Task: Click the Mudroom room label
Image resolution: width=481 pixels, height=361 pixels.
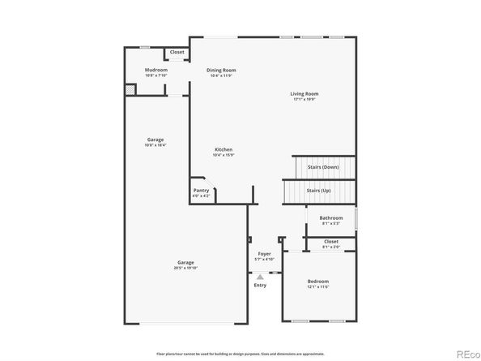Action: coord(156,70)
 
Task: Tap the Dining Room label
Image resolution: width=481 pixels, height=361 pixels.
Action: coord(220,70)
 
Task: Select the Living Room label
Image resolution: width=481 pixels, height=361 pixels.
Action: coord(304,93)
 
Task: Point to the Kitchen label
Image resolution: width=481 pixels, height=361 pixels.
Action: coord(223,149)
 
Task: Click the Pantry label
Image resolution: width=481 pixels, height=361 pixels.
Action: coord(201,190)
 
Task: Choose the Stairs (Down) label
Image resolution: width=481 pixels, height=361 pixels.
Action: coord(323,167)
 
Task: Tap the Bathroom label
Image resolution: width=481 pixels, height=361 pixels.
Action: coord(330,217)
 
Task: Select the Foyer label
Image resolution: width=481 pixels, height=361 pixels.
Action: coord(264,253)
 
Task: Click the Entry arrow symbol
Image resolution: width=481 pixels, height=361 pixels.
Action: coord(260,277)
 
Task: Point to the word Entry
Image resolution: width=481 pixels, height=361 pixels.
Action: coord(260,285)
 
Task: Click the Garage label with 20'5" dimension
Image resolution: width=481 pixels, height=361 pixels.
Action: coord(186,262)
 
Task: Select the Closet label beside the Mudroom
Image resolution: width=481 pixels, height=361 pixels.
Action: coord(177,52)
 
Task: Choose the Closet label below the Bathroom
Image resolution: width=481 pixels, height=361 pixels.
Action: coord(330,241)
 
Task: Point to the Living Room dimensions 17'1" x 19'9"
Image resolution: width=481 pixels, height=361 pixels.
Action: coord(304,99)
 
